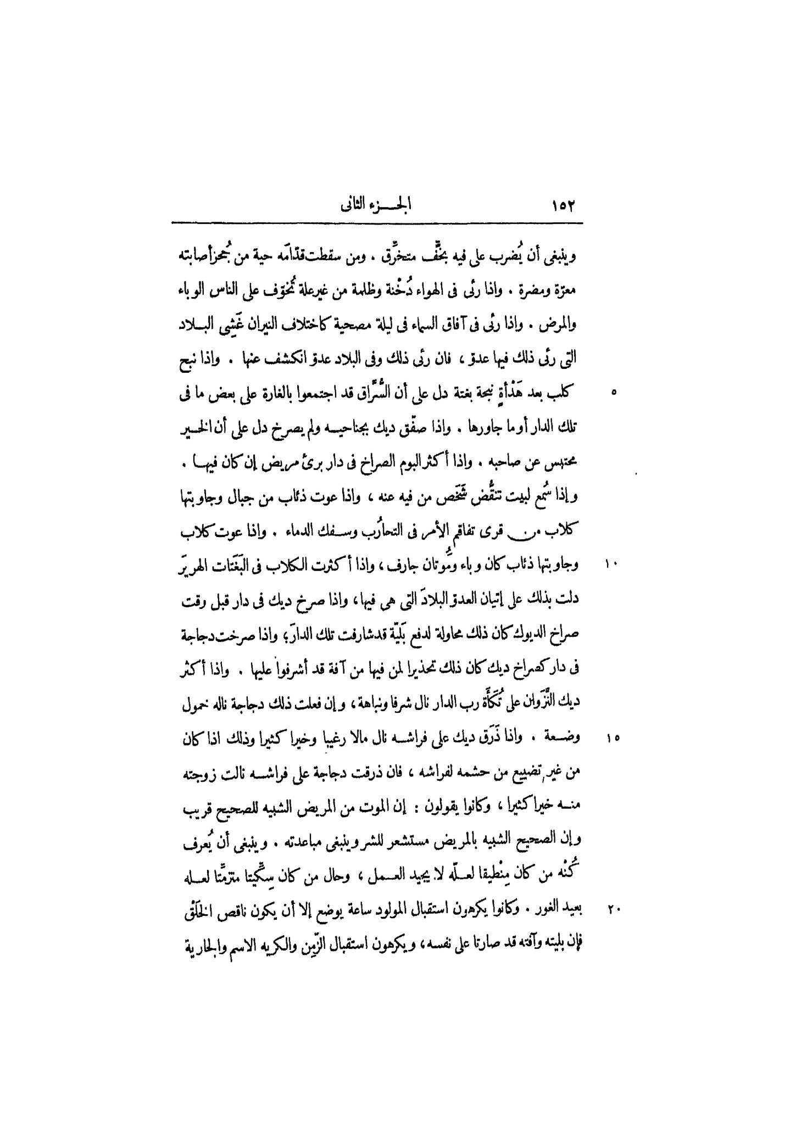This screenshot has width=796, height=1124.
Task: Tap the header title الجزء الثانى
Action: click(376, 206)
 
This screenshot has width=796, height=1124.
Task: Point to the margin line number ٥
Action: click(614, 393)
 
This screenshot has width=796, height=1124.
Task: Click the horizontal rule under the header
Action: click(376, 223)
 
